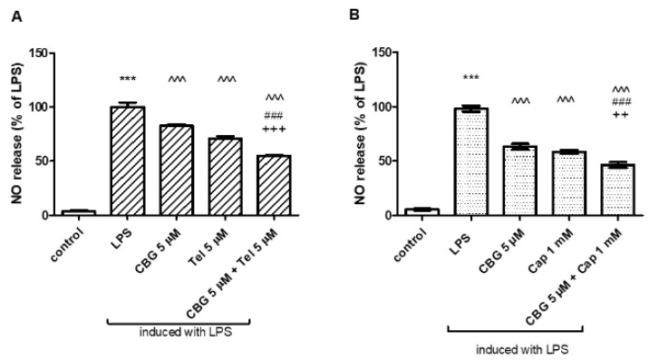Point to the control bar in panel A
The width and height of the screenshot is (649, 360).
click(x=78, y=212)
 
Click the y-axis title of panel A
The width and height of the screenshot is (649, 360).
click(x=17, y=133)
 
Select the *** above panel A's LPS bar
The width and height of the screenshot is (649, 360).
click(x=127, y=80)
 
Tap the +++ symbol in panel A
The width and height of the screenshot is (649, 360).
click(x=276, y=130)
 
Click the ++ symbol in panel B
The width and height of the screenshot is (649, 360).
click(x=620, y=115)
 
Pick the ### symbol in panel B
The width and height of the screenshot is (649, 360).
click(x=620, y=102)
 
